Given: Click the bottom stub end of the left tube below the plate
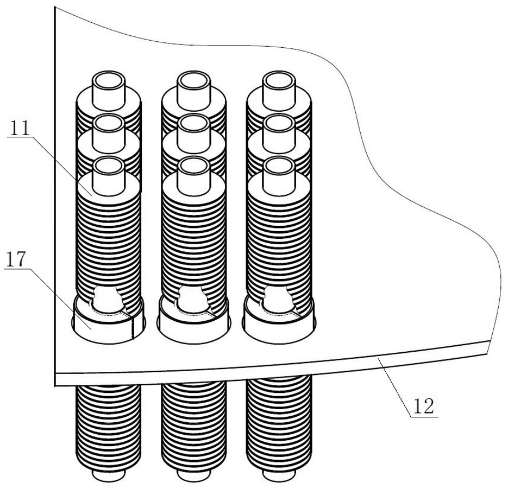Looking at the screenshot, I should (x=108, y=475).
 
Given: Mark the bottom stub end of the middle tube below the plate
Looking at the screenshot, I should (x=194, y=476).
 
